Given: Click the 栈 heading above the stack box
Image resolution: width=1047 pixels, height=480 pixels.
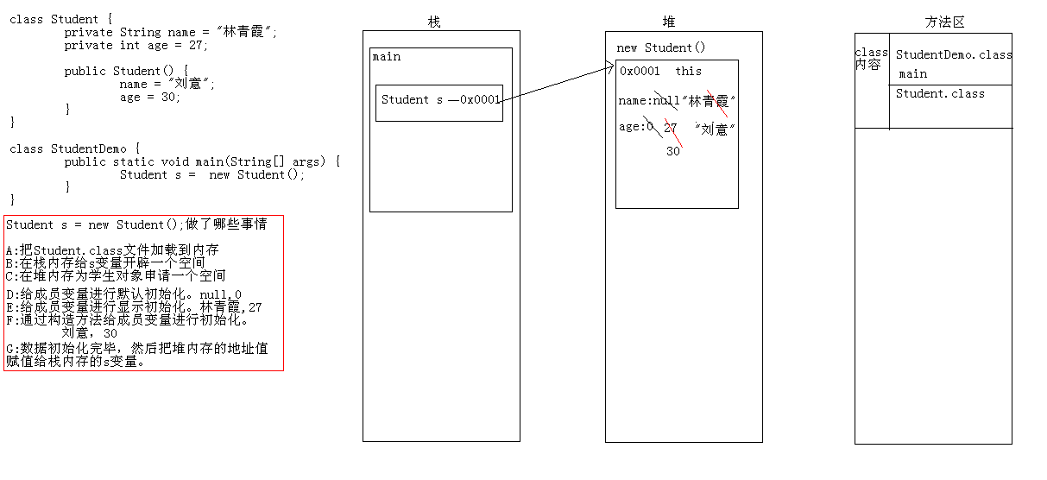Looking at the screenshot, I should pos(434,22).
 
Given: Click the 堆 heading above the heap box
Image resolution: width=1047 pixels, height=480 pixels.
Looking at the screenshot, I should pos(671,22).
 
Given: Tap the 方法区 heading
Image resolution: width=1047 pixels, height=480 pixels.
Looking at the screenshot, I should pos(943,22).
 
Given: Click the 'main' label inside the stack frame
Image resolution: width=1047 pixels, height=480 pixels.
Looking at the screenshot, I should pos(387,57).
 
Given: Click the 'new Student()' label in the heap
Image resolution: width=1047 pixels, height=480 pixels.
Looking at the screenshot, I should pos(661,47).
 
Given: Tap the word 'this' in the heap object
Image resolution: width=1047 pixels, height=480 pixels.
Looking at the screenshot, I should pos(688,71).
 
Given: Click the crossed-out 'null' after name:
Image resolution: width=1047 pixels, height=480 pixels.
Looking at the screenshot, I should pos(665,101).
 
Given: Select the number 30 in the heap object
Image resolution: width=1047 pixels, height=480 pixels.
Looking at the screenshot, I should pos(673,151).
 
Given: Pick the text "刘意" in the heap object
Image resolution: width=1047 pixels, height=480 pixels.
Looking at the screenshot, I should pos(714,129).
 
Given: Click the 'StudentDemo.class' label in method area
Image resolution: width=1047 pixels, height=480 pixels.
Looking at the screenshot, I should pos(954,54).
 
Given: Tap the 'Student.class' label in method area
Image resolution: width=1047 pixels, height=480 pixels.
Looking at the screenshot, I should pos(940,93).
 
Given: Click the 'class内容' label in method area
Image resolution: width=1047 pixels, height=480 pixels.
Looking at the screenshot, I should pos(871,59).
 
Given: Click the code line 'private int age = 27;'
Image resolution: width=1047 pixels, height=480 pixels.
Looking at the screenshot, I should pos(136,45).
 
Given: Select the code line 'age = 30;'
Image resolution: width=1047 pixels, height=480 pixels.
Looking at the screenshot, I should pos(150,97).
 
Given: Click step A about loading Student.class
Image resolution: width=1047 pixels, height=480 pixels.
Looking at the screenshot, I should pos(112,250).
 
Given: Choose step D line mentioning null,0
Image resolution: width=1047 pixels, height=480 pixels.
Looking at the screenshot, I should pos(123,294).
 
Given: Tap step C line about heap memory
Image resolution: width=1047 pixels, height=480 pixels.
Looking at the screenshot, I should pos(116,275).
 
